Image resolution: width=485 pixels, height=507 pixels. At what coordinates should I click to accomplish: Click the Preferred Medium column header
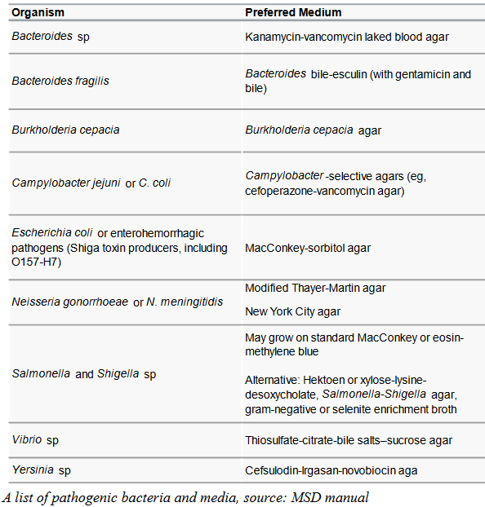point(293,13)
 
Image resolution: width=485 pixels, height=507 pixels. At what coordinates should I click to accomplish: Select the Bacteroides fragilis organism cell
point(60,81)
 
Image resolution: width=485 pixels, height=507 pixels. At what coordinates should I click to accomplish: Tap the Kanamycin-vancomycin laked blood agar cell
point(347,37)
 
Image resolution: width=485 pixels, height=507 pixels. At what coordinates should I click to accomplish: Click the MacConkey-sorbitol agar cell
point(308,248)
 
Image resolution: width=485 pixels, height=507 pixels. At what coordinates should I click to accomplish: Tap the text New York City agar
point(293,311)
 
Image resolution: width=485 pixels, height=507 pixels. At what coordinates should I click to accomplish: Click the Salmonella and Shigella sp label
point(84,374)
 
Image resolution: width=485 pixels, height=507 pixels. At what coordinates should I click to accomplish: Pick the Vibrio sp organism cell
point(35,440)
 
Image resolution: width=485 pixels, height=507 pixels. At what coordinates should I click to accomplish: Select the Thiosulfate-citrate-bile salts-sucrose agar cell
point(349,440)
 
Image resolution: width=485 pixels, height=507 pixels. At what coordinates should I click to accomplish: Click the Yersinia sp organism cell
point(42,470)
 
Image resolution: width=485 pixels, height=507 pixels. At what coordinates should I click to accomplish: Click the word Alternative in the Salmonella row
point(272,381)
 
